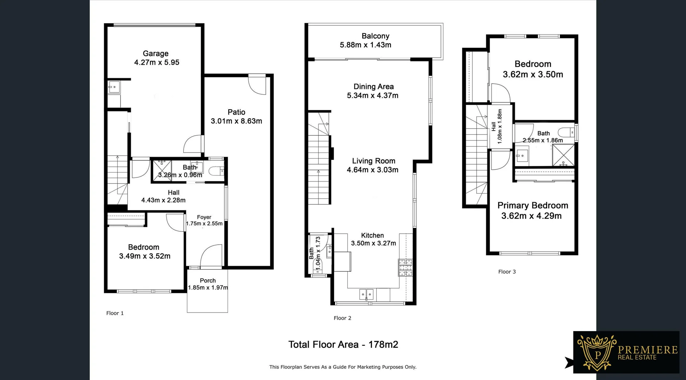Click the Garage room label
155,54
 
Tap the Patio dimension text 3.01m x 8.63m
236,121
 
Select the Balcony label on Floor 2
375,36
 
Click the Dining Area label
373,86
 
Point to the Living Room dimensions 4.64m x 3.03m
372,170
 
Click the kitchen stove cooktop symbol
405,267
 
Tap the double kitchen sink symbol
366,295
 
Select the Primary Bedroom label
532,205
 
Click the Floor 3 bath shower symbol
563,155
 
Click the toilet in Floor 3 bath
566,132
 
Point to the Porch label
208,281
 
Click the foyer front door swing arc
211,256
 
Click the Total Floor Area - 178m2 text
343,345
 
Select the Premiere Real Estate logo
626,352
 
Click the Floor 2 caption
342,318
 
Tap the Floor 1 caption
115,313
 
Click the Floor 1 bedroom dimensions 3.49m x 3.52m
145,256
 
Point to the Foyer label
204,217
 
